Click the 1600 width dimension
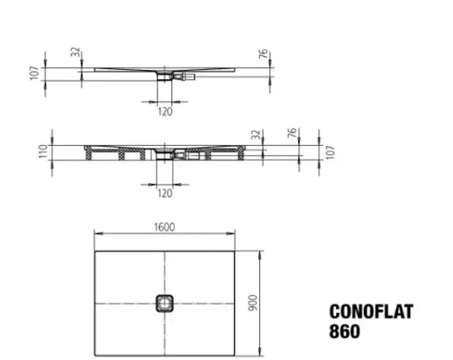[x=164, y=227]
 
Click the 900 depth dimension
[x=253, y=303]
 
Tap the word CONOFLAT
[x=372, y=312]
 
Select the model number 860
[x=344, y=331]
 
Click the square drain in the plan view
[x=165, y=303]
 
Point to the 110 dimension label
[x=43, y=152]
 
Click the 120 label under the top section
[x=165, y=112]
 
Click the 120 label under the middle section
[x=165, y=193]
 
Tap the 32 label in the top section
[x=75, y=52]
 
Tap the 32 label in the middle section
[x=256, y=134]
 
